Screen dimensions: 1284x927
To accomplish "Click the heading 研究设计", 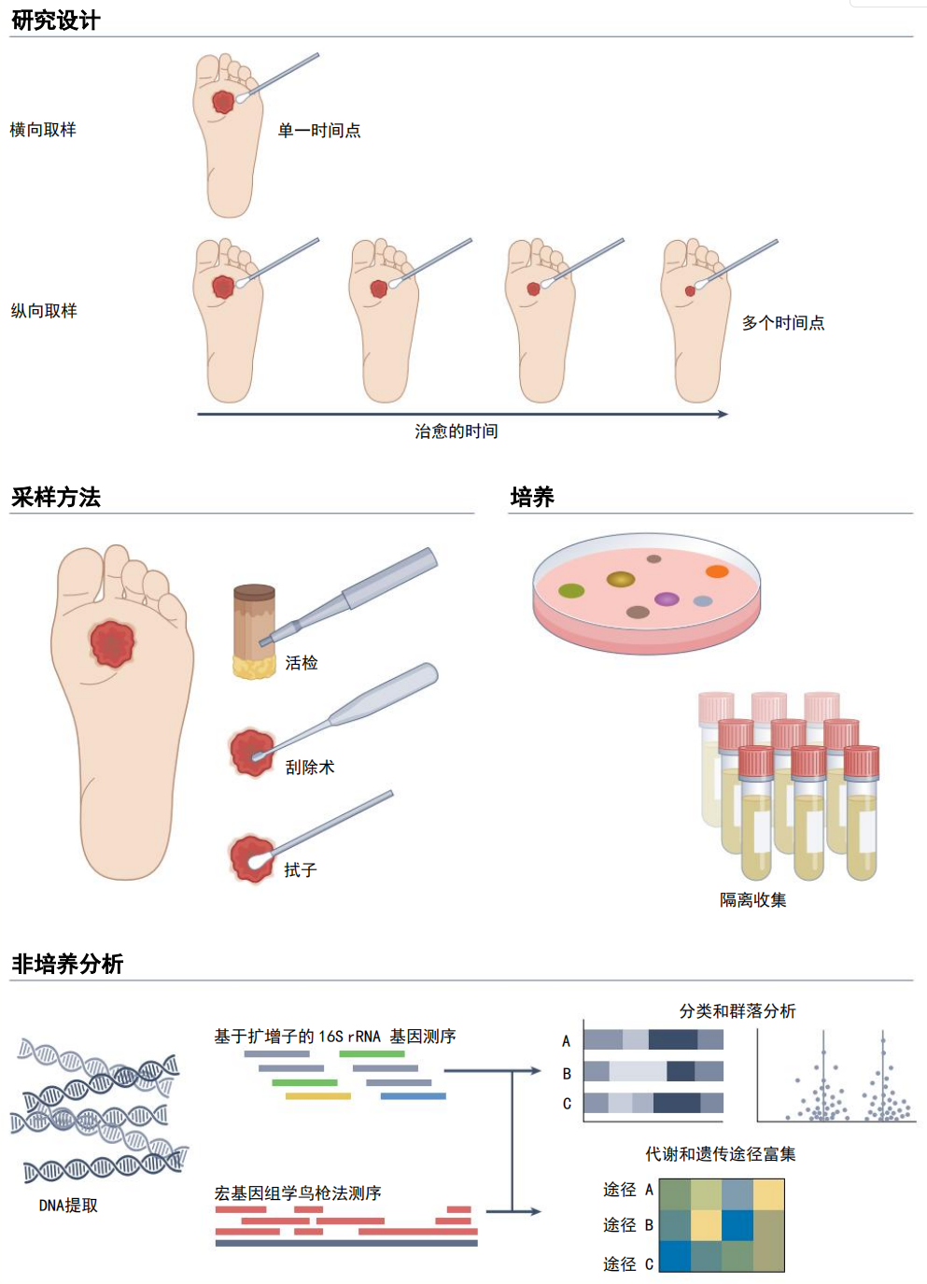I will (x=56, y=20).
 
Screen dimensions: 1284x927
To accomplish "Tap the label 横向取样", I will (x=43, y=130).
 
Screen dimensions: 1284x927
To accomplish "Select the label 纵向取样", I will (x=44, y=311).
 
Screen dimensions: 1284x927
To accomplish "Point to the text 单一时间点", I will (x=319, y=131).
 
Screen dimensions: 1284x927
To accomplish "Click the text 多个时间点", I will (x=783, y=323).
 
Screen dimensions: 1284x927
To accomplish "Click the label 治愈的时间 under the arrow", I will (x=456, y=431).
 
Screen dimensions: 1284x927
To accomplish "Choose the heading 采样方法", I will (x=56, y=497).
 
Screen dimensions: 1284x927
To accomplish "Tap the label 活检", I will (x=302, y=663).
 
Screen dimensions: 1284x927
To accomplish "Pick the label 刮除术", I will (x=310, y=768).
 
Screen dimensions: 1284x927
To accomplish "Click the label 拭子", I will (x=301, y=870).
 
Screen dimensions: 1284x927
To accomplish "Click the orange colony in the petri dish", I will (x=717, y=571).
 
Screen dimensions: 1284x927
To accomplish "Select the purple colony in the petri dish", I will (x=667, y=599).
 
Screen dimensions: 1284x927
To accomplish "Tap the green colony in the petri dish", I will (x=571, y=590).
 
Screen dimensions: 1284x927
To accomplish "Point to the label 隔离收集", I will (x=752, y=900).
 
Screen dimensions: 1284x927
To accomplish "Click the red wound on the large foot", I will (x=113, y=643).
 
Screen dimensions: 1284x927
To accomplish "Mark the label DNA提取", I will (x=68, y=1206).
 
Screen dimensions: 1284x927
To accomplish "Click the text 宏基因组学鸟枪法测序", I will (x=298, y=1193).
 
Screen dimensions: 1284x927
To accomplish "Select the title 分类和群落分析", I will (x=737, y=1011).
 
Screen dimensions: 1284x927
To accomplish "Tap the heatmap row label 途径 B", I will (x=628, y=1225).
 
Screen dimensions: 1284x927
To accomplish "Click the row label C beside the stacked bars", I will (x=567, y=1104).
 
